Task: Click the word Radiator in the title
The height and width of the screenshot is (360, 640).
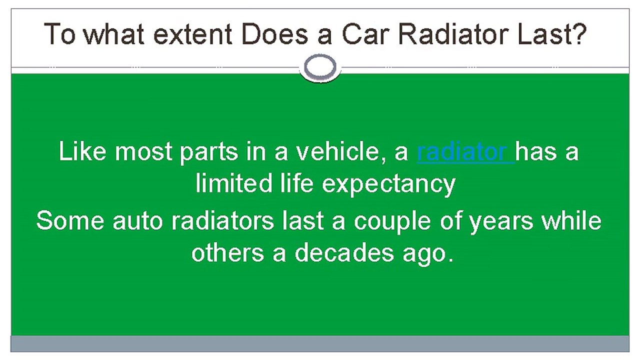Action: tap(453, 34)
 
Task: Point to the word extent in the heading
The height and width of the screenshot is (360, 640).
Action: tap(192, 35)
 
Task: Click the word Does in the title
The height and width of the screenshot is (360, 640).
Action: tap(275, 34)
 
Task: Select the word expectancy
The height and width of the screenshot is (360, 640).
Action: tap(388, 185)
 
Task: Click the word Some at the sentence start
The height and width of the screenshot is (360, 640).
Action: tap(70, 220)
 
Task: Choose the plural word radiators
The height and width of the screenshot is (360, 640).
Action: tap(222, 220)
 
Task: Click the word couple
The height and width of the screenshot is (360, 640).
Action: tap(392, 222)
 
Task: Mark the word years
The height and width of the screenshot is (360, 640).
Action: tap(501, 223)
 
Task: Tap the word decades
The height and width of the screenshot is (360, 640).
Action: tap(344, 253)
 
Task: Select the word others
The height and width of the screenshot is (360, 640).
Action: tap(227, 253)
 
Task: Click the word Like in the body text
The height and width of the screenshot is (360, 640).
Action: tap(82, 151)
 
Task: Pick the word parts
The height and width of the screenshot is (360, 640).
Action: tap(209, 153)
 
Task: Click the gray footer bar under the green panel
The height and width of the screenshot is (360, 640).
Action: tap(320, 343)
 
